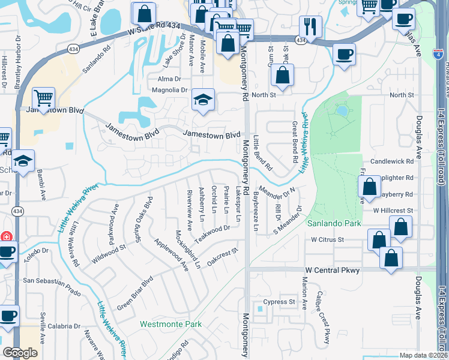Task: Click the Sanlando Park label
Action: tap(334, 223)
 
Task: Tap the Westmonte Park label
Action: tap(170, 324)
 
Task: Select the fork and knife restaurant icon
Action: tap(310, 26)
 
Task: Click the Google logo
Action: tap(20, 352)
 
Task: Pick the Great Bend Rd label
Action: tap(295, 142)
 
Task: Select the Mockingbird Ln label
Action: tap(188, 248)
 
